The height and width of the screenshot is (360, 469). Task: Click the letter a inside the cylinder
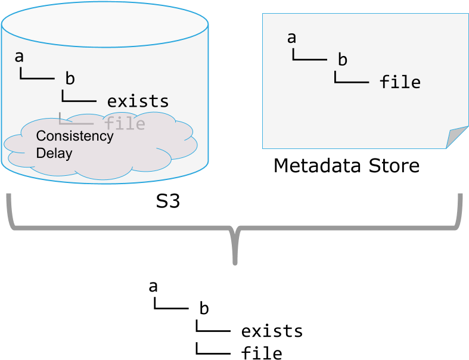[x=19, y=57]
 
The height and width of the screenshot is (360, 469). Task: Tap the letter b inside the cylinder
[x=70, y=78]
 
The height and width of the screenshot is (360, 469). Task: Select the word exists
[x=138, y=101]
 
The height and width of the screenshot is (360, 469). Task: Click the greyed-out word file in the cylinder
[x=125, y=123]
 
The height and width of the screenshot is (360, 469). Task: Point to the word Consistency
[x=74, y=136]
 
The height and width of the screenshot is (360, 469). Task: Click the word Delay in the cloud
[x=54, y=153]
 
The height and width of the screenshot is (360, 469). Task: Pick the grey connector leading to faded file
[x=75, y=123]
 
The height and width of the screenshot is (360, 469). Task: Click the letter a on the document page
[x=291, y=38]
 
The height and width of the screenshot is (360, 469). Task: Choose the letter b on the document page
[x=342, y=60]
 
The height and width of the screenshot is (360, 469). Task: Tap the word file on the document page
[x=400, y=82]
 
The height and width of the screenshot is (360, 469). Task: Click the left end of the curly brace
[x=9, y=197]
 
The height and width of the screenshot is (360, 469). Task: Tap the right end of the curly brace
[x=461, y=197]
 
